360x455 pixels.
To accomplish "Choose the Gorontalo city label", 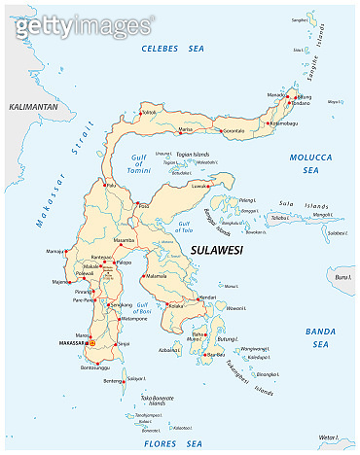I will tap(230, 128).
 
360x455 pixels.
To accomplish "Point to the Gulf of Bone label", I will tap(143, 309).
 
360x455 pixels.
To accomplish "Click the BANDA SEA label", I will tap(322, 338).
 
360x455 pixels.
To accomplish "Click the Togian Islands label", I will tap(193, 154).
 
